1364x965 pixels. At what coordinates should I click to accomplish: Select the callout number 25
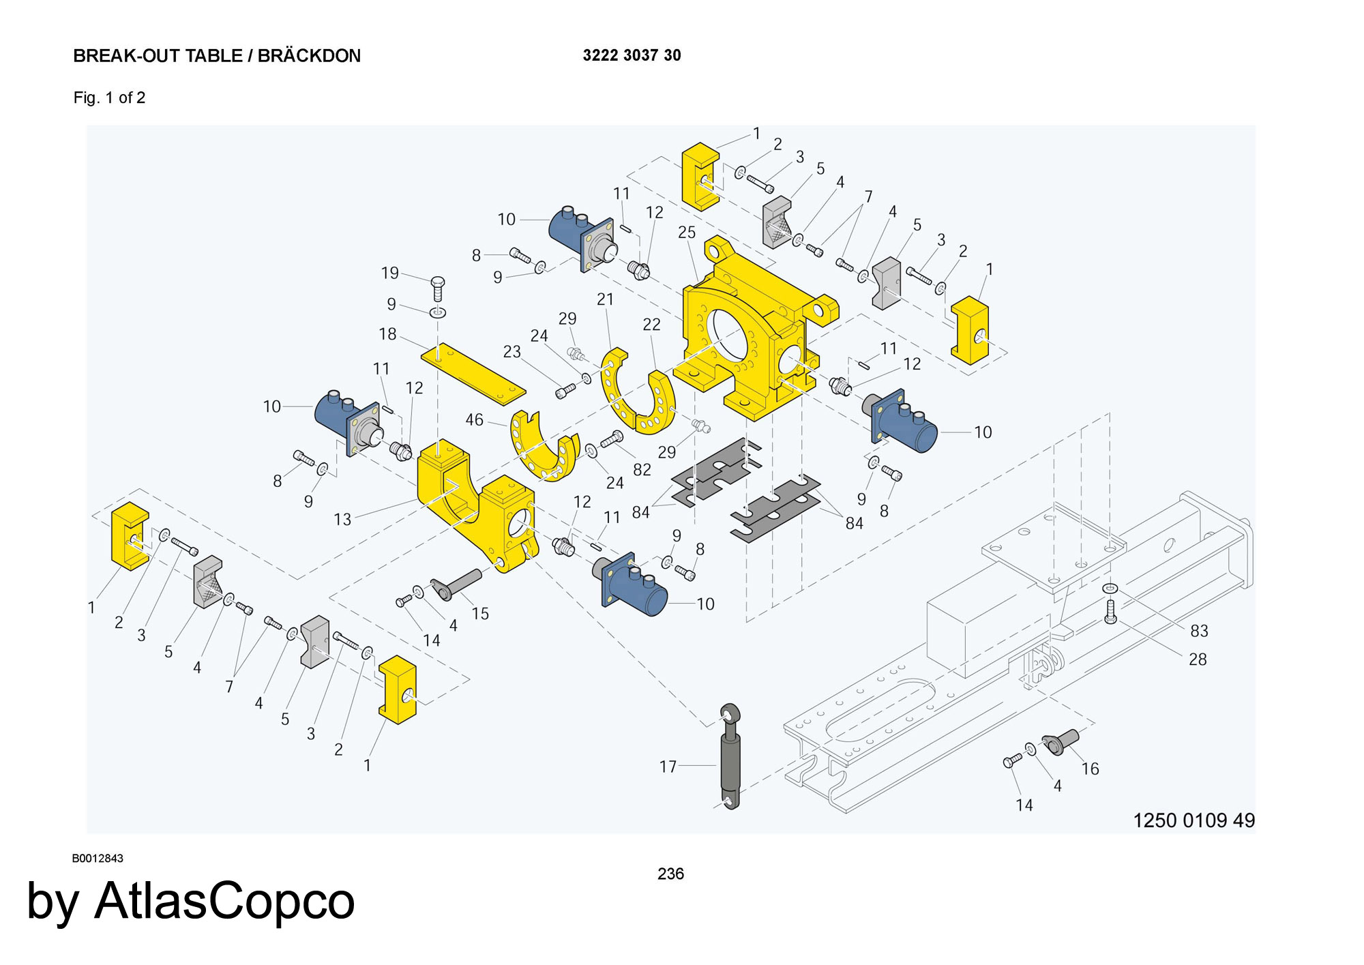click(686, 233)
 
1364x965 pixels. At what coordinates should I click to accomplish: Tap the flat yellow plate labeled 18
click(473, 373)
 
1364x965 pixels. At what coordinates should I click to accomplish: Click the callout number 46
click(474, 420)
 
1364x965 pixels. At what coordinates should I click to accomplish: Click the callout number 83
click(1199, 631)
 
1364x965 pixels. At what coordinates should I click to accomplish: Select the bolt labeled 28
click(1110, 612)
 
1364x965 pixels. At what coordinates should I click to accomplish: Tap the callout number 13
click(342, 520)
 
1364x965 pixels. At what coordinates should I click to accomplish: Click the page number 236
click(670, 874)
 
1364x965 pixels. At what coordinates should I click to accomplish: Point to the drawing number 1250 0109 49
click(1193, 820)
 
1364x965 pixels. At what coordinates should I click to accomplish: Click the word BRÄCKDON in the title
click(309, 56)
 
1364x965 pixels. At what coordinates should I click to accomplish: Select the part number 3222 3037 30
click(632, 55)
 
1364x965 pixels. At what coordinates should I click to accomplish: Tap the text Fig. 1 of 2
click(109, 98)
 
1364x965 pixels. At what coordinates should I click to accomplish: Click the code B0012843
click(98, 859)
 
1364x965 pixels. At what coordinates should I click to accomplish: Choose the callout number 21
click(605, 299)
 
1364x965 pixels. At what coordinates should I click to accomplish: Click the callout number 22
click(651, 325)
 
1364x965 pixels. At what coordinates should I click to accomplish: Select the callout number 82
click(642, 470)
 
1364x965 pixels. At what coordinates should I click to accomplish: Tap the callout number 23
click(512, 351)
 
